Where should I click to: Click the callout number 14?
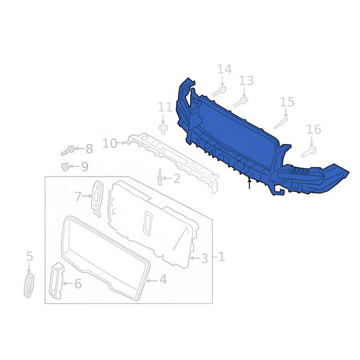click(x=224, y=69)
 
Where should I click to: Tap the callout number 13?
click(x=246, y=80)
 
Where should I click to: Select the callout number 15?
click(x=287, y=102)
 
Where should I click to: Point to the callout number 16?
click(x=313, y=129)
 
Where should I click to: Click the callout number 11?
click(x=165, y=107)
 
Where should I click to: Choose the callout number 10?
click(x=109, y=143)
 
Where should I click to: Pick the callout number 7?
click(x=78, y=196)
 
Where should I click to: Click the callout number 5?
click(x=29, y=256)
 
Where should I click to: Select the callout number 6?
click(x=77, y=284)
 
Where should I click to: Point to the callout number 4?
click(x=163, y=280)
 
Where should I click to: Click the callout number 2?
click(x=176, y=178)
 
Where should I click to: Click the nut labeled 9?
click(x=65, y=166)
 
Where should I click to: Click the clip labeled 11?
click(x=163, y=126)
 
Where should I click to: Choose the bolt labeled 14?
click(x=219, y=91)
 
